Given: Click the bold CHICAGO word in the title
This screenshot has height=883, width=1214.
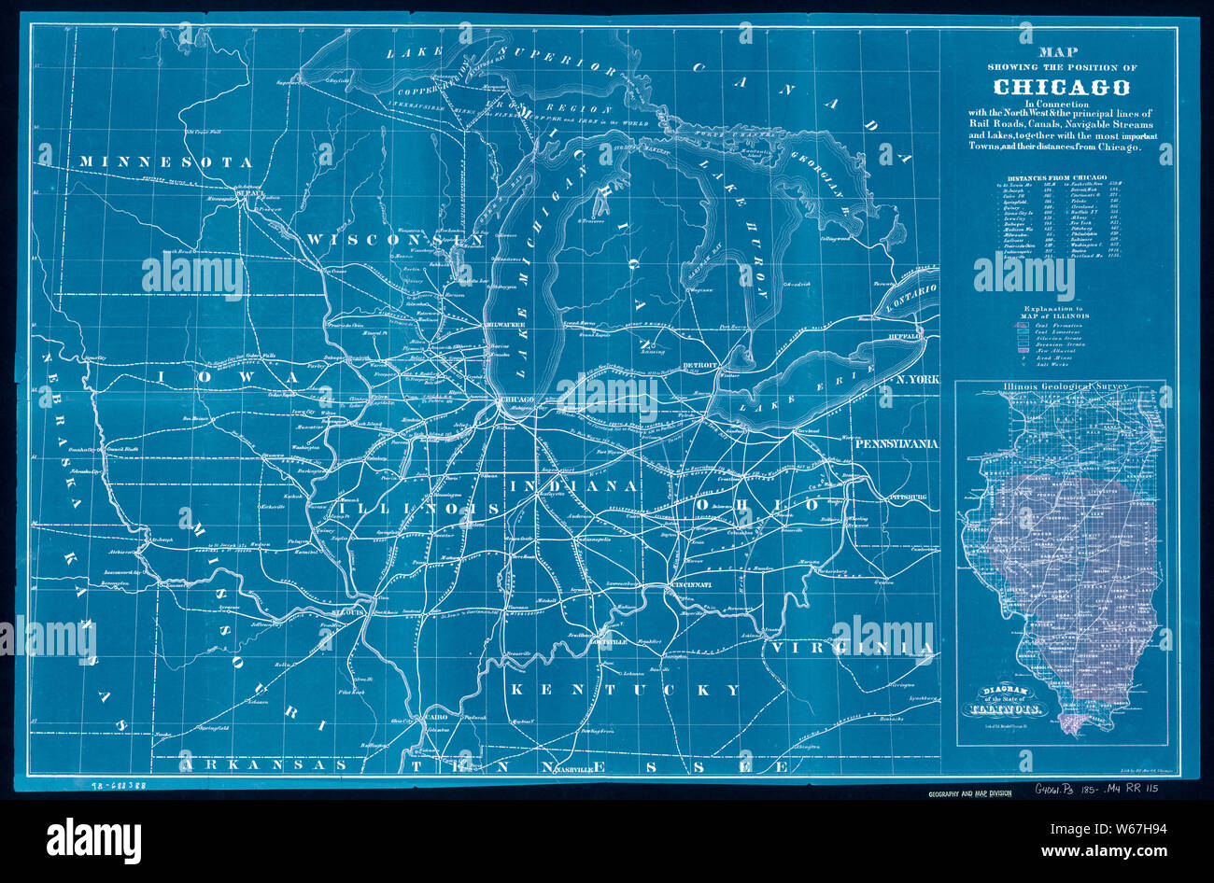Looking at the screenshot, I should point(1061,87).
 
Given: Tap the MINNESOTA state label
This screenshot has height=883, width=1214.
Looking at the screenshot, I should point(166,162).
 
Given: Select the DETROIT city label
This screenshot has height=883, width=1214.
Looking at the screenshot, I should point(699,364).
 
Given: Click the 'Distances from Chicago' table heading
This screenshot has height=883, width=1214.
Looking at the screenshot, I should point(1056,176).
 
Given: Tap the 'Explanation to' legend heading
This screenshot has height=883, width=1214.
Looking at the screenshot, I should point(1053,307).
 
